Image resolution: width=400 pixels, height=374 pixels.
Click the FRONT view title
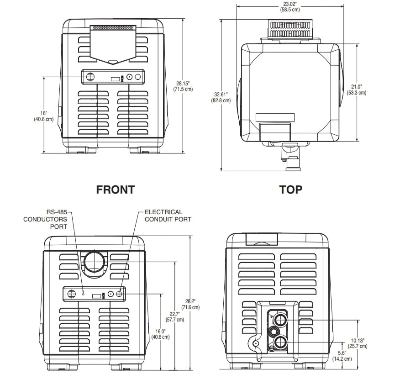(115, 190)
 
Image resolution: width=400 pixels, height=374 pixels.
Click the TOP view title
(291, 190)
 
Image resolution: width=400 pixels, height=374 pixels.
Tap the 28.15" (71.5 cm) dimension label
(183, 86)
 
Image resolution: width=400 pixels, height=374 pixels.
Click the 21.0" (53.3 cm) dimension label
(356, 89)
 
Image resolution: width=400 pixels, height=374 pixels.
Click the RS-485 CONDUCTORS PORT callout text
(46, 219)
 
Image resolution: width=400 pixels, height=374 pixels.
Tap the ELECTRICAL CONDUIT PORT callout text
(168, 216)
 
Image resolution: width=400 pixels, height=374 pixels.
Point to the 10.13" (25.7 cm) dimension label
(357, 343)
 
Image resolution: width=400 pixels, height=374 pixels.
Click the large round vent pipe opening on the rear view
(95, 262)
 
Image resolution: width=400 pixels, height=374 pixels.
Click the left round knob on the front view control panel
(89, 77)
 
